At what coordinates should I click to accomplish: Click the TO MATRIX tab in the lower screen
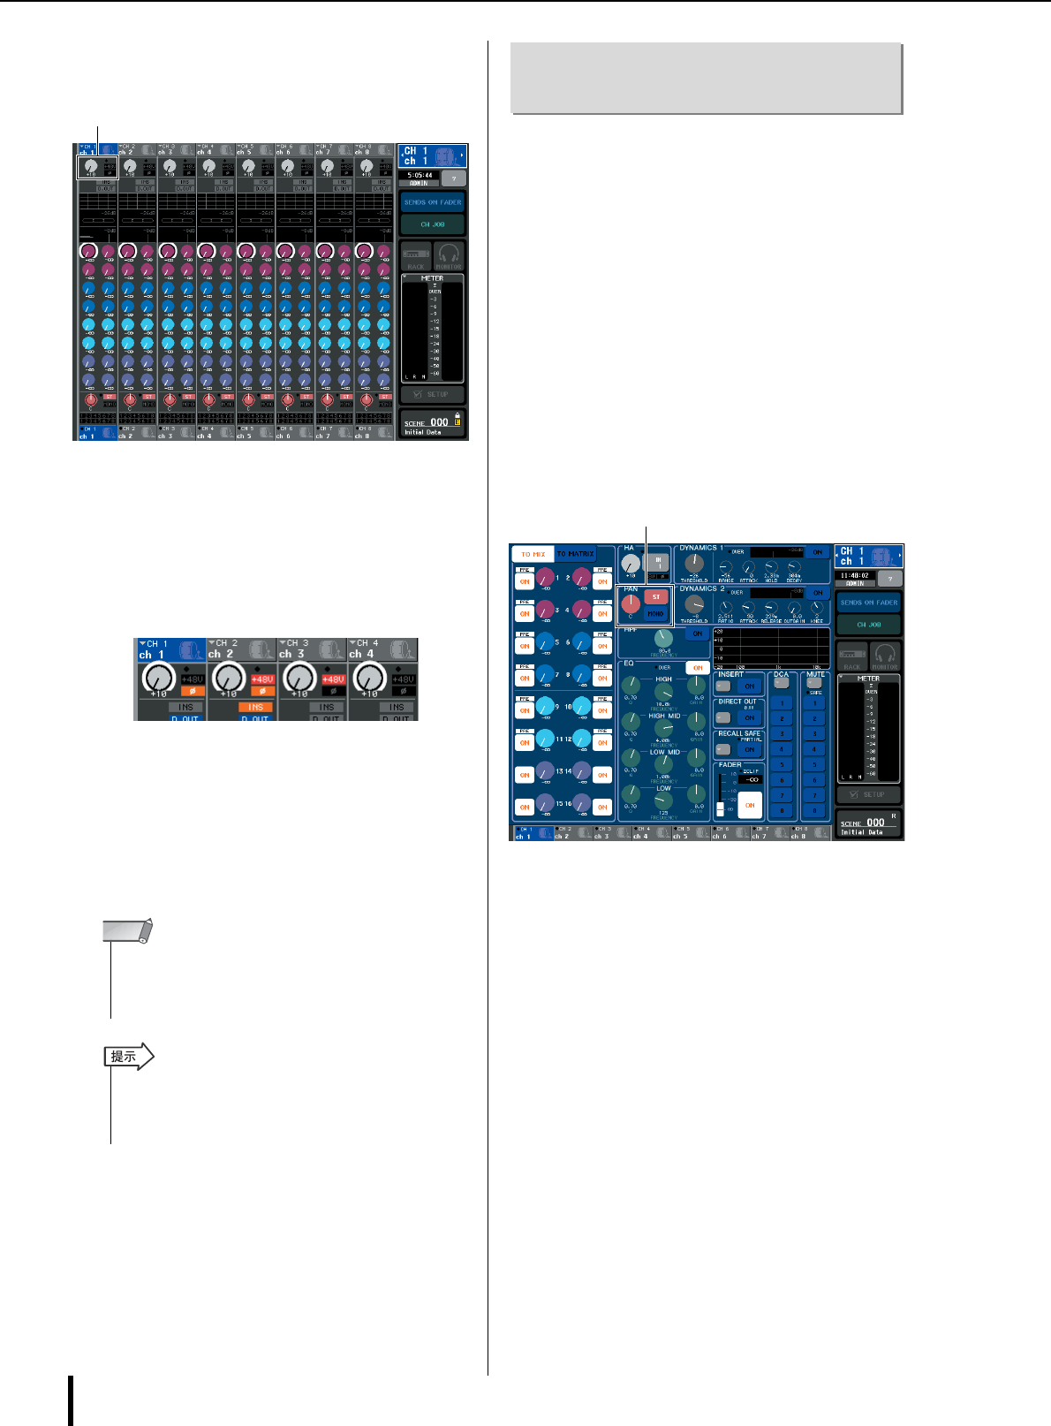tap(576, 554)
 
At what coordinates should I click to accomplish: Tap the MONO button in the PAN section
tap(655, 613)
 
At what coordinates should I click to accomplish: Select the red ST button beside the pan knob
tap(655, 597)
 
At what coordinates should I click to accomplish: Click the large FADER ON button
tap(750, 805)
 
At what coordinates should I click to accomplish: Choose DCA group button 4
tap(781, 749)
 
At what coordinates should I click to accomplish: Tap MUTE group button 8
tap(814, 810)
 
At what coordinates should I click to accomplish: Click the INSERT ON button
tap(750, 686)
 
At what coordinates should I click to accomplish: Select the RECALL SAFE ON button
tap(750, 750)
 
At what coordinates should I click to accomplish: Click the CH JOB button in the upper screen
tap(432, 224)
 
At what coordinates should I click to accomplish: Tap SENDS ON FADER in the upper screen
tap(432, 202)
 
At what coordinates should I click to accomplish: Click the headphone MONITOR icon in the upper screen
tap(449, 255)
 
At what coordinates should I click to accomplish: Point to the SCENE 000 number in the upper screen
tap(439, 422)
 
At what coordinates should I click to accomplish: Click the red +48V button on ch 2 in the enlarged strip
tap(262, 679)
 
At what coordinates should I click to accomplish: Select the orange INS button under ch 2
tap(255, 707)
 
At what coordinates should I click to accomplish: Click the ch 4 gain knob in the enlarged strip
tap(368, 678)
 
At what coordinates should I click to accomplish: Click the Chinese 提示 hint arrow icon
tap(128, 1056)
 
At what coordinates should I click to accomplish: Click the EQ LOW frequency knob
tap(663, 801)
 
